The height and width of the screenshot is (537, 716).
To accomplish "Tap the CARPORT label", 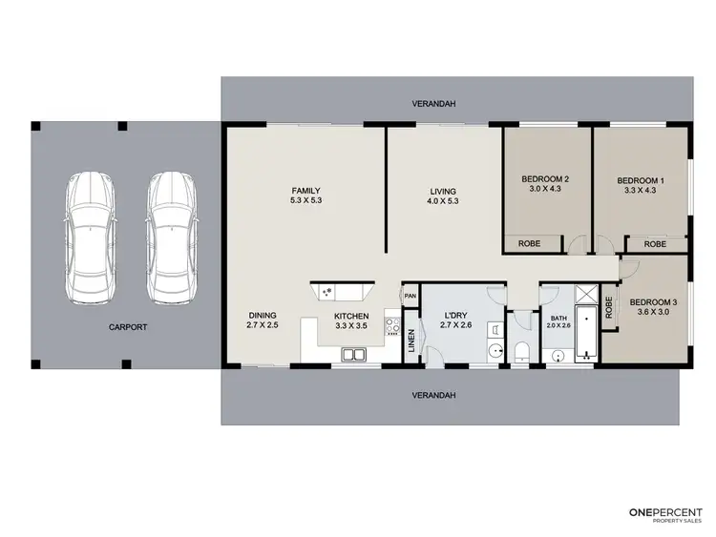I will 128,326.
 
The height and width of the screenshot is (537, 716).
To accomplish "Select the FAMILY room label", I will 305,190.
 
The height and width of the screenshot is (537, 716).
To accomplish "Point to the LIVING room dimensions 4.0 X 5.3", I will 443,201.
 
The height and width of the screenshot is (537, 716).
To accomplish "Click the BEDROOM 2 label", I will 545,179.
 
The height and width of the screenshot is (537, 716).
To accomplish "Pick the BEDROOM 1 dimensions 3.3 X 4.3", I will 641,190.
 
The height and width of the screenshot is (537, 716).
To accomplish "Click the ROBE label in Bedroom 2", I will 529,244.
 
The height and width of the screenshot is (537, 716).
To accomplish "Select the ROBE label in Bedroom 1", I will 655,244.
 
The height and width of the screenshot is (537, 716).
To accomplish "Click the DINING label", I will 263,316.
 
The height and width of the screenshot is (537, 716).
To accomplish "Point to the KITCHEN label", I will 351,316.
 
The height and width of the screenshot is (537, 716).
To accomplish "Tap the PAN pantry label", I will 411,296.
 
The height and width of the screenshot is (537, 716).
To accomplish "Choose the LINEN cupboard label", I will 411,340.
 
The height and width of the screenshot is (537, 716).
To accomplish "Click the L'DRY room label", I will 454,316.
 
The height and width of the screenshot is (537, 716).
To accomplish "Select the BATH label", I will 558,317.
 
